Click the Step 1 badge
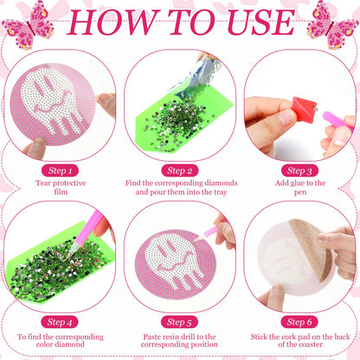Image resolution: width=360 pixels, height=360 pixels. pyautogui.click(x=60, y=170)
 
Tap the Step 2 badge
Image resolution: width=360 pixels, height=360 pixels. pyautogui.click(x=180, y=170)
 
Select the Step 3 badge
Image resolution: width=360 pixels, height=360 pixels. pyautogui.click(x=299, y=170)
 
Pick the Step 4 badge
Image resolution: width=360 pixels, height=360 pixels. pyautogui.click(x=60, y=322)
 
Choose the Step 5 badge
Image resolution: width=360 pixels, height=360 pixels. pyautogui.click(x=179, y=322)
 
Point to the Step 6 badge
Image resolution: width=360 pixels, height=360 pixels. pyautogui.click(x=299, y=322)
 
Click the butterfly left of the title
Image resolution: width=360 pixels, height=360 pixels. pyautogui.click(x=28, y=25)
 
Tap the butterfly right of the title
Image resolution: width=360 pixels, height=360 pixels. pyautogui.click(x=331, y=25)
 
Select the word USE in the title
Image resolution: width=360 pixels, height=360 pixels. pyautogui.click(x=261, y=22)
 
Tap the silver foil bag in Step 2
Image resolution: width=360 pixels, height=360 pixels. pyautogui.click(x=198, y=78)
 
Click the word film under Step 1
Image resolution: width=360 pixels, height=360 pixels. pyautogui.click(x=61, y=192)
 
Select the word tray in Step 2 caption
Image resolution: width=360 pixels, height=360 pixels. pyautogui.click(x=221, y=192)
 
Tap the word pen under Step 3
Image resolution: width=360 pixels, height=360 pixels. pyautogui.click(x=300, y=192)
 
